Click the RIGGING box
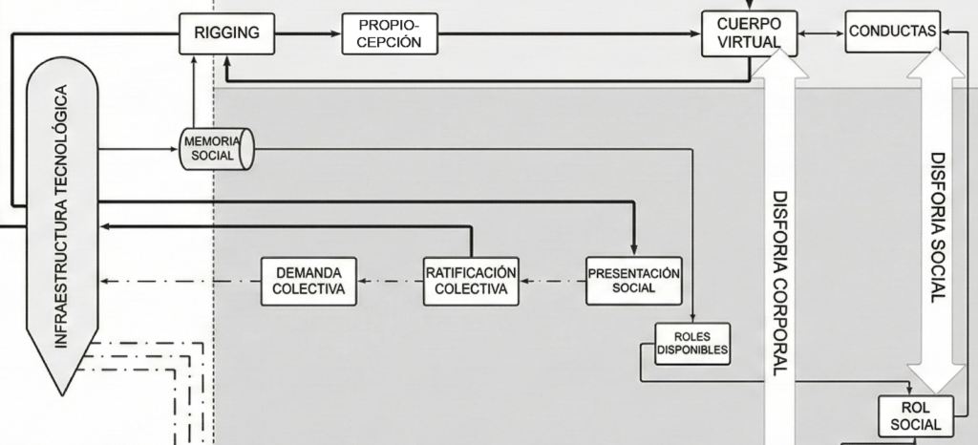[x=227, y=32]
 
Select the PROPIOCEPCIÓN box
[x=390, y=33]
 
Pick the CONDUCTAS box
[x=892, y=32]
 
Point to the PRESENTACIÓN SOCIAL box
[x=633, y=280]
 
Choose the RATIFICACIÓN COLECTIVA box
[x=472, y=281]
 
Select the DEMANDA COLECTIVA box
[x=308, y=281]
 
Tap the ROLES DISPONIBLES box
[x=692, y=343]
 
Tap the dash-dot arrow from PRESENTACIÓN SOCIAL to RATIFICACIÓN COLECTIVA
[x=552, y=281]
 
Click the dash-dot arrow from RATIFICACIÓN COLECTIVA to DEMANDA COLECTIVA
[x=390, y=281]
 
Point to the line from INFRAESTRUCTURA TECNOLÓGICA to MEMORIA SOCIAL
[x=139, y=149]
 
